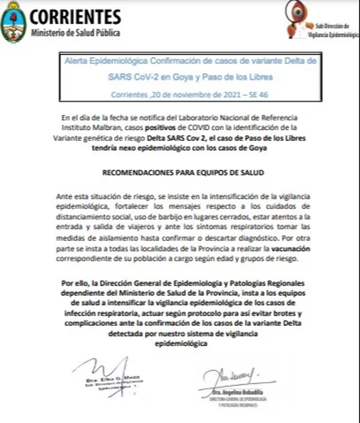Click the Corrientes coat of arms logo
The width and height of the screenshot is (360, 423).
(13, 22)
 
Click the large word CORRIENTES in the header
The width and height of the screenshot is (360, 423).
(75, 16)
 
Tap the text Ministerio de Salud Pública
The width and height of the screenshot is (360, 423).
(75, 32)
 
